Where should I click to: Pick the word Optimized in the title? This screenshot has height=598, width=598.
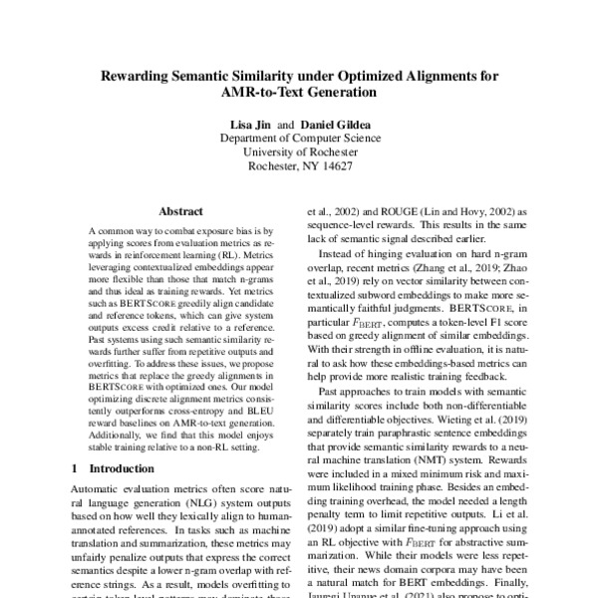click(x=383, y=76)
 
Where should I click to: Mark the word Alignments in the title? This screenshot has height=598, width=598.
click(x=455, y=76)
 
